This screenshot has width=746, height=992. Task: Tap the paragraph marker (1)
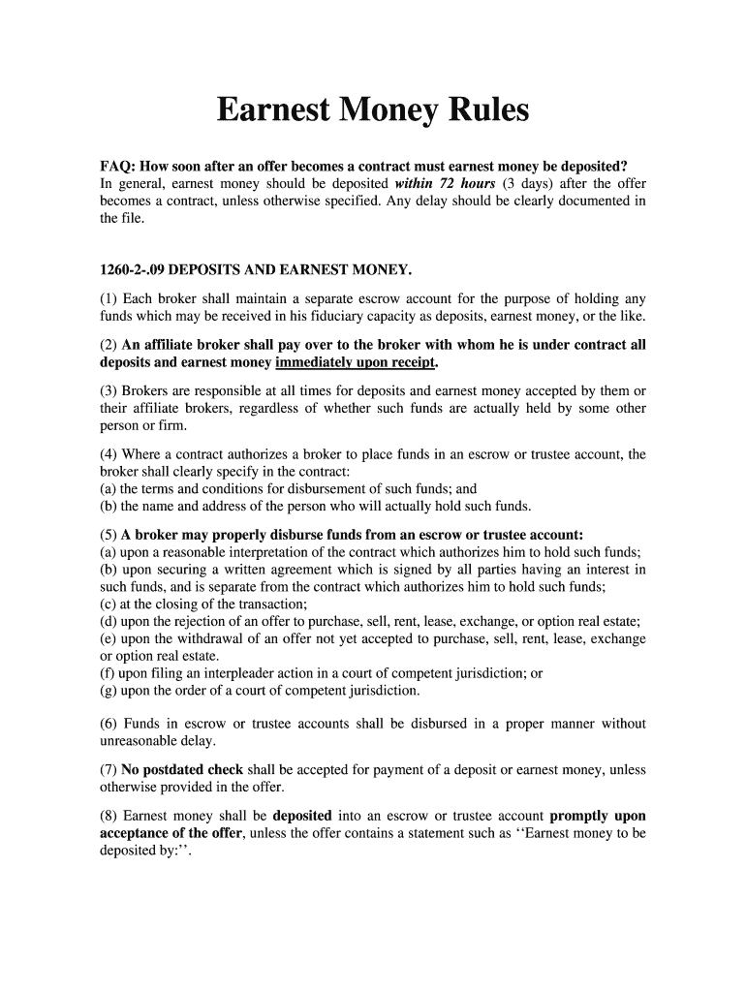click(x=109, y=298)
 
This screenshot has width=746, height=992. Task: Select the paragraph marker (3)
click(x=109, y=391)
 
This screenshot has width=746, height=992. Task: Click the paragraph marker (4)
click(x=109, y=454)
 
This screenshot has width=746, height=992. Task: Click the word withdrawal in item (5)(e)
click(x=198, y=639)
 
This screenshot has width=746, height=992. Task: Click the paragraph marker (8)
click(x=109, y=816)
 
